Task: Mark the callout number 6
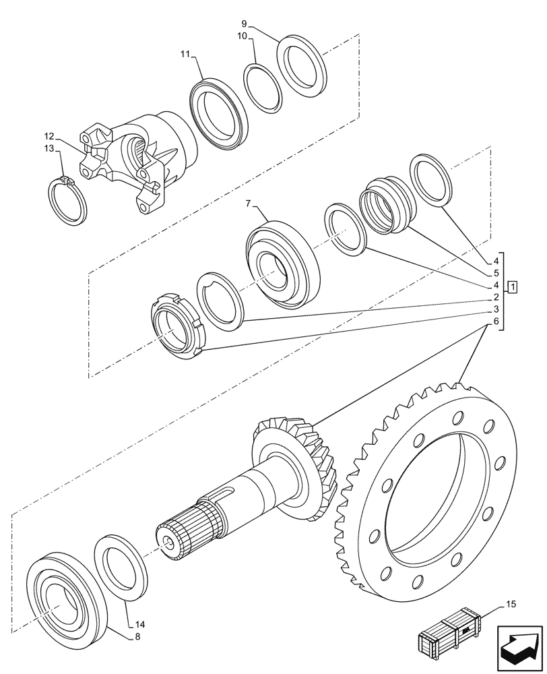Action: [x=495, y=322]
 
